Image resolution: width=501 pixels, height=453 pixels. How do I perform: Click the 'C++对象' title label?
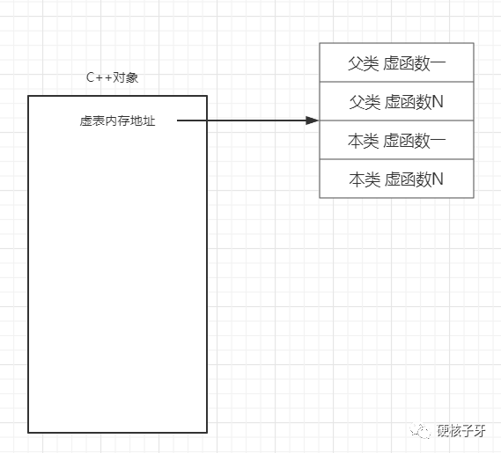click(112, 77)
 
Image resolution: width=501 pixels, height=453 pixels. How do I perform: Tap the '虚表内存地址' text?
click(117, 121)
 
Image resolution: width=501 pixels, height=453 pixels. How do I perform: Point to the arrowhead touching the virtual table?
click(313, 121)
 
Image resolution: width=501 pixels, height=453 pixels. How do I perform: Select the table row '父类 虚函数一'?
click(396, 62)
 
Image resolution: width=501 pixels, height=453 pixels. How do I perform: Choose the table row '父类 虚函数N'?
click(396, 101)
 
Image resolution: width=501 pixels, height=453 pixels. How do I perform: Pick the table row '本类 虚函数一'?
click(396, 140)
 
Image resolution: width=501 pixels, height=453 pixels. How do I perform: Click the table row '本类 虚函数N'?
click(396, 179)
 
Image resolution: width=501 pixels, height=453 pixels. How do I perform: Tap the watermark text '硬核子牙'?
click(461, 431)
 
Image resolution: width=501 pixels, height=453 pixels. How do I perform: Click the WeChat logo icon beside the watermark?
click(421, 431)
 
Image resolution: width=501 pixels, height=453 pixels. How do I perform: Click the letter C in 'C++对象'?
click(90, 77)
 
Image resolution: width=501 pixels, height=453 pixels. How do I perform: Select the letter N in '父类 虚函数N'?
click(438, 102)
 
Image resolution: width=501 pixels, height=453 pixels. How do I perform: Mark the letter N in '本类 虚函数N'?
click(438, 179)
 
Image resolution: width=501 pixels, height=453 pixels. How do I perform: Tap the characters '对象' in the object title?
click(126, 77)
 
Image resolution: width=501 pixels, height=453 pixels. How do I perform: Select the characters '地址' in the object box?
click(143, 121)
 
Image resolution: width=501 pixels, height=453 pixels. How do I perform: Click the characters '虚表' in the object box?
click(92, 121)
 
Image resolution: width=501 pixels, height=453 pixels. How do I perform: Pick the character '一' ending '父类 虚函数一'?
click(438, 63)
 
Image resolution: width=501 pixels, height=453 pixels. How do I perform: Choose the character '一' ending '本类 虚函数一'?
click(438, 141)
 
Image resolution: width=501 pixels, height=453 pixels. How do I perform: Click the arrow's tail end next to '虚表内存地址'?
click(178, 121)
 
